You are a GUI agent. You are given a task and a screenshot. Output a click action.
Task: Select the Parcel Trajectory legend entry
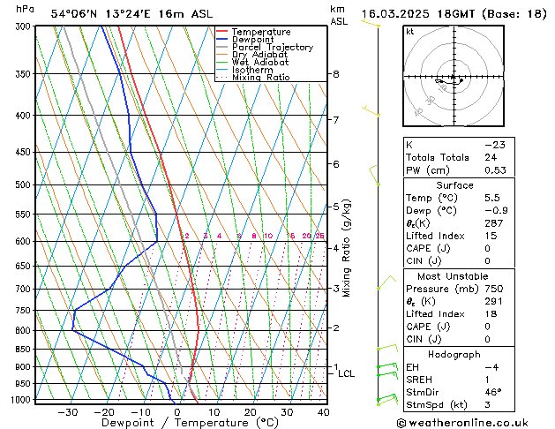click(272, 48)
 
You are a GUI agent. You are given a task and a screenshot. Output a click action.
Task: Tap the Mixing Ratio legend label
click(260, 78)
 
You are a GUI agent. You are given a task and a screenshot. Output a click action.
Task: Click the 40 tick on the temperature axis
click(323, 412)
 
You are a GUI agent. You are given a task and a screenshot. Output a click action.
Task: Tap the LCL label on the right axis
click(347, 374)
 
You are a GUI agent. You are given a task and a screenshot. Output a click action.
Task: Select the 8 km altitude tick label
click(336, 74)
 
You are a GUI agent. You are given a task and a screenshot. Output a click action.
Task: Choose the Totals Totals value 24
click(491, 157)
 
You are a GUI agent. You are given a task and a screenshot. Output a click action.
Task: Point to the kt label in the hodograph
click(409, 32)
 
